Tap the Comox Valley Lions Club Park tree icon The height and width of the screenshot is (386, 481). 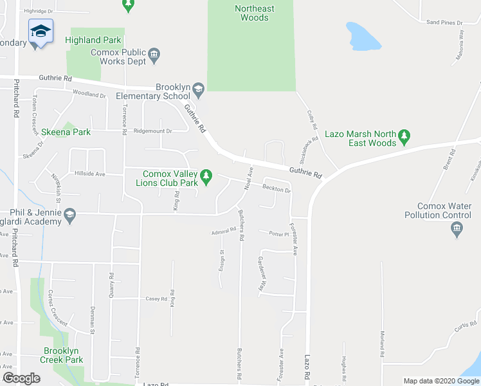point(206,175)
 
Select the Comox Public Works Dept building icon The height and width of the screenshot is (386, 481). point(154,54)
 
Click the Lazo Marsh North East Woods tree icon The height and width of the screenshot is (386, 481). point(404,135)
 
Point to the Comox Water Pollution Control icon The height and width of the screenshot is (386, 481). point(457,228)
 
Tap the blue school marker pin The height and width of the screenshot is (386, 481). point(41,33)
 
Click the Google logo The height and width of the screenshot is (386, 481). point(22,378)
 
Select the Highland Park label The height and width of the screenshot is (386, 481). point(93,40)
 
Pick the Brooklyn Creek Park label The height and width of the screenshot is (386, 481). point(63,355)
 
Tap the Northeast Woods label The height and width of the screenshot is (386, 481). point(254,13)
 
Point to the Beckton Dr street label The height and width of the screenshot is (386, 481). point(277,188)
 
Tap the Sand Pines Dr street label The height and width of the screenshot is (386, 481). point(444,23)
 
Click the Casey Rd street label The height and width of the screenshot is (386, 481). point(156,299)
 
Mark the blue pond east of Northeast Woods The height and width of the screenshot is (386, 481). point(364,37)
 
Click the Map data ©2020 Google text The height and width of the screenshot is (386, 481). point(440,381)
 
